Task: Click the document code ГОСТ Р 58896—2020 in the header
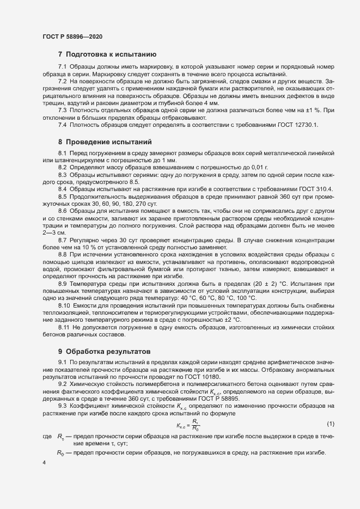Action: click(x=72, y=36)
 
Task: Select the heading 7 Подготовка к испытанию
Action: click(x=107, y=54)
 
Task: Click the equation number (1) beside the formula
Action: click(x=331, y=393)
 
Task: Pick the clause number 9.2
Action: click(x=63, y=384)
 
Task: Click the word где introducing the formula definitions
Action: click(x=47, y=406)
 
